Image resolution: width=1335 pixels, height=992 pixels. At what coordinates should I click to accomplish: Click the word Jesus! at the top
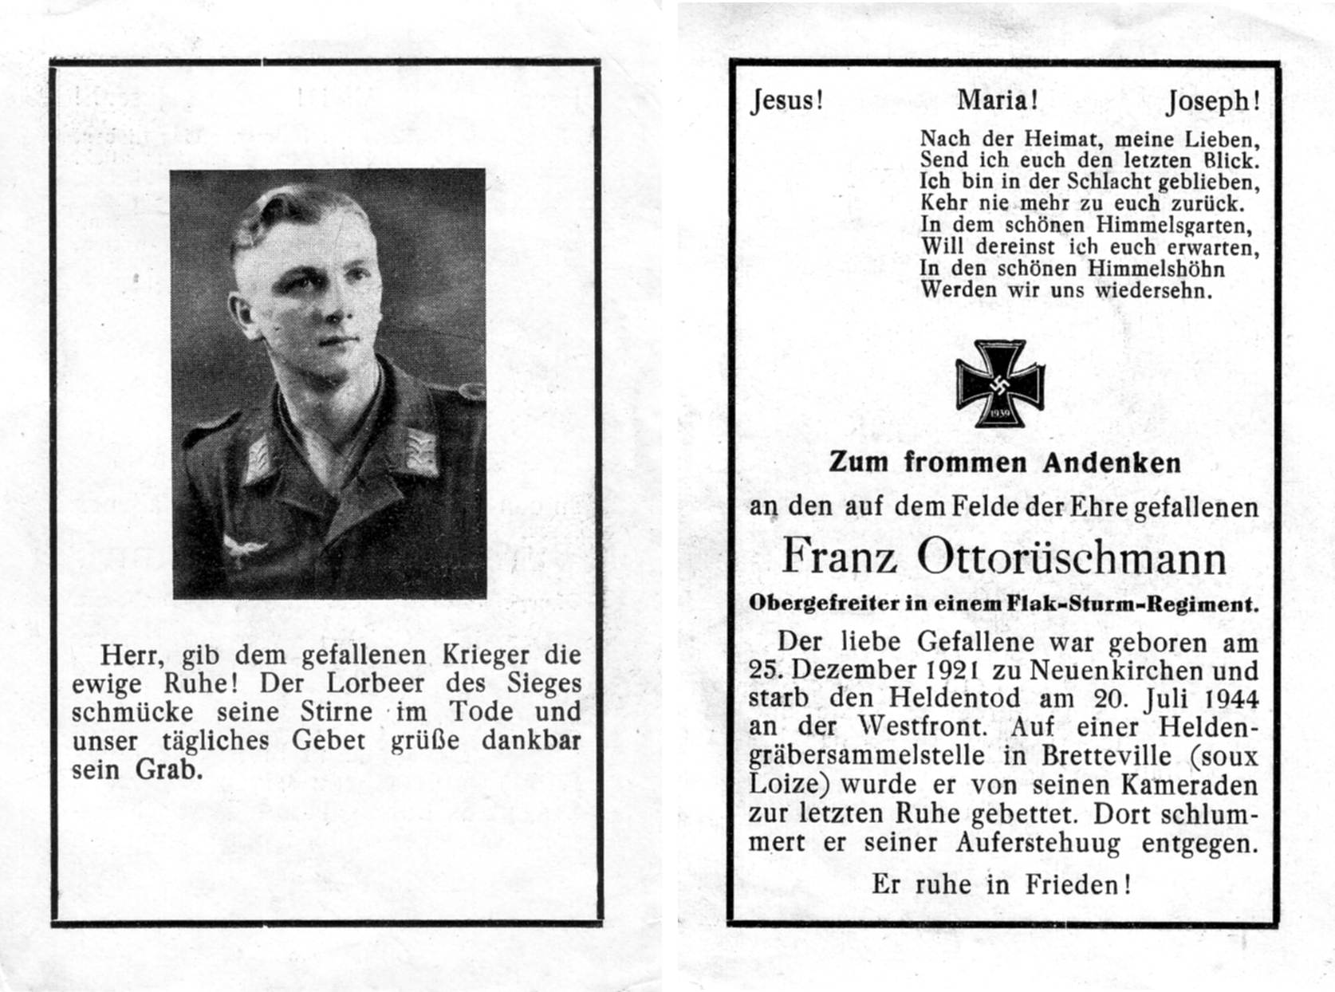[x=786, y=101]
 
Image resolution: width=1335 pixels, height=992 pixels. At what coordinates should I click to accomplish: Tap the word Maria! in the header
[x=998, y=100]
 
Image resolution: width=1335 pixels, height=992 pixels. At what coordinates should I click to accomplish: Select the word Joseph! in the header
[x=1213, y=102]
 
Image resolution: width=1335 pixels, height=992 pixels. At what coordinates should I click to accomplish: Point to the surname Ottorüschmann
[x=1072, y=557]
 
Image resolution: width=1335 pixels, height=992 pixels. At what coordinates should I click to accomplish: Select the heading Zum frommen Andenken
[x=1005, y=463]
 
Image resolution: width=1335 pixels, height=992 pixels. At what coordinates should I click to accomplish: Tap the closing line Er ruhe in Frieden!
[x=1001, y=884]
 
